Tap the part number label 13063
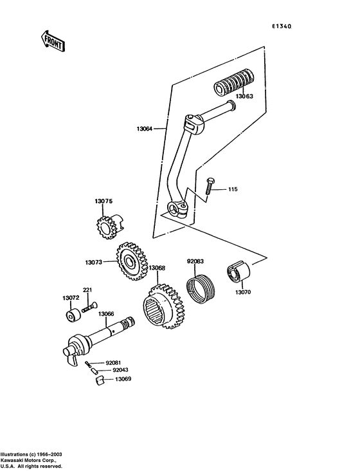244,97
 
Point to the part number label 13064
145,129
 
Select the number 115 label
232,189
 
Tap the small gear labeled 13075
104,227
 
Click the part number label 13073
94,262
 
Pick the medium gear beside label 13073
130,263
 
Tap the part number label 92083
195,262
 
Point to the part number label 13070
242,291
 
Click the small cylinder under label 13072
71,317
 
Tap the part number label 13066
106,313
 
